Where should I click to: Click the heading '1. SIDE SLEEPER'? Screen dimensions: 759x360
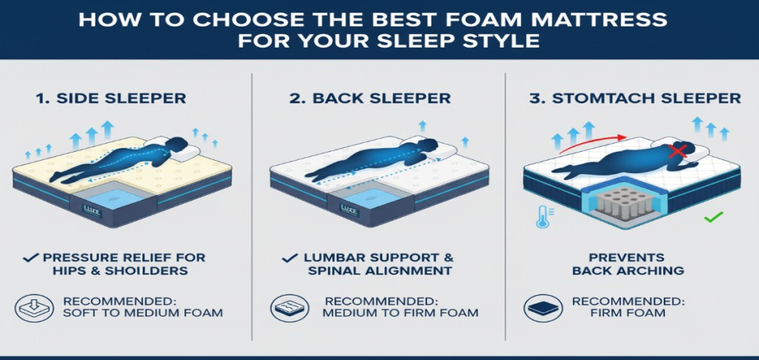point(111,99)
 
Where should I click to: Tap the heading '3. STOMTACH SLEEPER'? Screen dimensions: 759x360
point(634,99)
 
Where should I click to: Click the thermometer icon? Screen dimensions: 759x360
point(543,216)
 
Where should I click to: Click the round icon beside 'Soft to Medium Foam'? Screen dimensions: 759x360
point(34,307)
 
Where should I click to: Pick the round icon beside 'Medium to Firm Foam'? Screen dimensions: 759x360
point(290,307)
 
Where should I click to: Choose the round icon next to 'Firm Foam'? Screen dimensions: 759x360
point(543,307)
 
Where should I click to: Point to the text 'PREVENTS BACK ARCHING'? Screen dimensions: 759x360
point(628,264)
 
